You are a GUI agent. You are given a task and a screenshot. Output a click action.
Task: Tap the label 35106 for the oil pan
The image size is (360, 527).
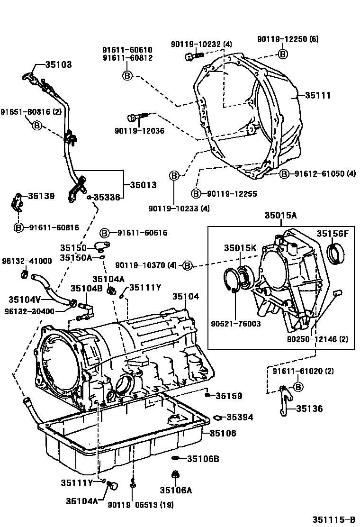[223, 433]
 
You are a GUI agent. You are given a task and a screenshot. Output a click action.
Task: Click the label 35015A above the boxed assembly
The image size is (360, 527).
[280, 216]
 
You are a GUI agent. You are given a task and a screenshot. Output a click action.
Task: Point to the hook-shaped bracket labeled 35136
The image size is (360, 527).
[283, 400]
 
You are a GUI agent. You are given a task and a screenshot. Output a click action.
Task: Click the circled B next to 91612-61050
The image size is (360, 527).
[284, 174]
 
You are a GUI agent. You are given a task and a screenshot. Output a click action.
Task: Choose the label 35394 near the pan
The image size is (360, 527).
[239, 417]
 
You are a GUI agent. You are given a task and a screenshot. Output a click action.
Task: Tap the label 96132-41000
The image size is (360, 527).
[27, 261]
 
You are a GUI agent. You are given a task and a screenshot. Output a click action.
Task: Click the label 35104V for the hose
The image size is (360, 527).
[25, 300]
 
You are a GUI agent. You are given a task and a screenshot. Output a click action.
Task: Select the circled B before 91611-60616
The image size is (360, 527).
[105, 233]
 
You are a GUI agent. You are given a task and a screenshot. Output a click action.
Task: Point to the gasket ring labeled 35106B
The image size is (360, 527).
[176, 458]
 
